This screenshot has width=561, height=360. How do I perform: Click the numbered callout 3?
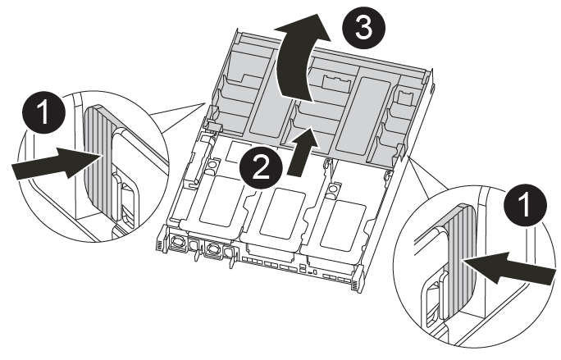point(364,28)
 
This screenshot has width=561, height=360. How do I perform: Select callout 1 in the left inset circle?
point(43,112)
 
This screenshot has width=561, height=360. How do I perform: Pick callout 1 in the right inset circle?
point(525,204)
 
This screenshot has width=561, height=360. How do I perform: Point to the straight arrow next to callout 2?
point(302,152)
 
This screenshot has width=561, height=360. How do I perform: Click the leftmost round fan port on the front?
point(176,242)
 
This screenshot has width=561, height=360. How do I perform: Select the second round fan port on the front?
point(213,248)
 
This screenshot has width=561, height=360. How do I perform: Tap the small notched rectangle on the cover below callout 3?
point(335,81)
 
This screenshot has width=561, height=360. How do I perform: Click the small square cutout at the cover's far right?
point(404,97)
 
